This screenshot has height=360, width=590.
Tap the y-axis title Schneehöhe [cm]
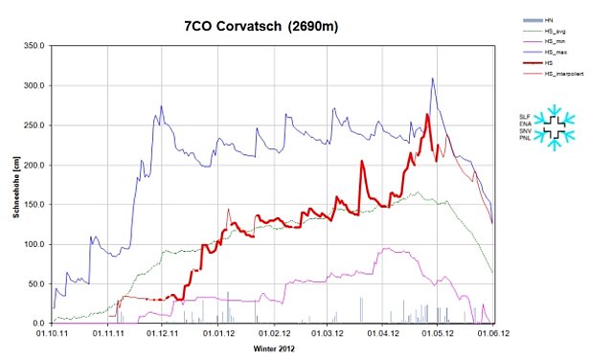pyautogui.click(x=16, y=186)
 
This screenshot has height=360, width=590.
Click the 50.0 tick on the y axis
pyautogui.click(x=35, y=284)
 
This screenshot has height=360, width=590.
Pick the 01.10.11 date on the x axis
pyautogui.click(x=53, y=333)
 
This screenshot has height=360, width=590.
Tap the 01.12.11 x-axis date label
pyautogui.click(x=163, y=333)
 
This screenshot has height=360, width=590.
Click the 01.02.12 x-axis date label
pyautogui.click(x=274, y=333)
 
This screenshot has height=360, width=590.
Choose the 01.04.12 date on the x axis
pyautogui.click(x=382, y=333)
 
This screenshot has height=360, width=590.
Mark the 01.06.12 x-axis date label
pyautogui.click(x=492, y=333)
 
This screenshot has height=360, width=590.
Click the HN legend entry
pyautogui.click(x=549, y=19)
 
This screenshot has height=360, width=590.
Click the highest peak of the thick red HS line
pyautogui.click(x=427, y=115)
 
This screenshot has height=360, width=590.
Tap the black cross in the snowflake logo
pyautogui.click(x=552, y=126)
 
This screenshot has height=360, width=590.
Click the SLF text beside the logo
pyautogui.click(x=523, y=116)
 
